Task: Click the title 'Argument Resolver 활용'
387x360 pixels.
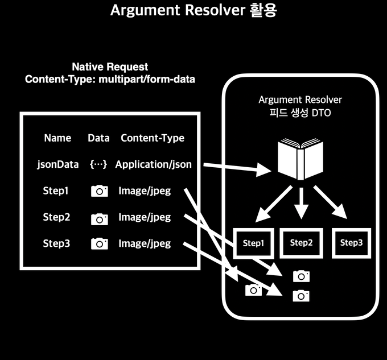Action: (x=193, y=11)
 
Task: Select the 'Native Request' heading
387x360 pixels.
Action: (x=110, y=67)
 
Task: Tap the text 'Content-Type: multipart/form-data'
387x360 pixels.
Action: (x=110, y=80)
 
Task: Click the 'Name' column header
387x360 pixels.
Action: (x=57, y=138)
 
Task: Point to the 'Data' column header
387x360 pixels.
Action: (x=98, y=138)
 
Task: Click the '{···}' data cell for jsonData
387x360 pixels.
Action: (x=98, y=164)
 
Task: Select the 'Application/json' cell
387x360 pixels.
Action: (x=153, y=164)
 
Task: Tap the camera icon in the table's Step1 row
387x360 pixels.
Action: (x=100, y=192)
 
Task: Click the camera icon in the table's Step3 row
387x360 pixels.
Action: (x=100, y=244)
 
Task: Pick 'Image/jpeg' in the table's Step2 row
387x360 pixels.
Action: (x=145, y=217)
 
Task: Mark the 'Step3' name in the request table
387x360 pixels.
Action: (x=56, y=243)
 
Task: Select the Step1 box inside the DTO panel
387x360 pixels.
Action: (x=254, y=243)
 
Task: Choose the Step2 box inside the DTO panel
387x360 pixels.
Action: (x=302, y=243)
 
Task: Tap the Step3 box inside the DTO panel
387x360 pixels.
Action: (x=351, y=243)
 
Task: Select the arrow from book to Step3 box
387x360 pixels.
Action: (x=331, y=202)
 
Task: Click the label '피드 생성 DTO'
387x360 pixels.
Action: (x=300, y=113)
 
